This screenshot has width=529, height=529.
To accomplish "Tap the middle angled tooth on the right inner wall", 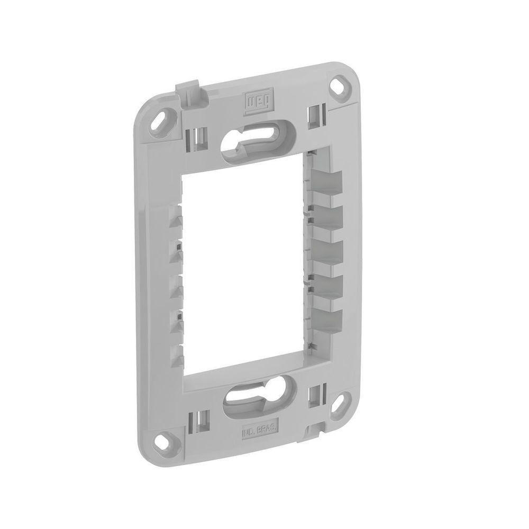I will [x=327, y=249].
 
